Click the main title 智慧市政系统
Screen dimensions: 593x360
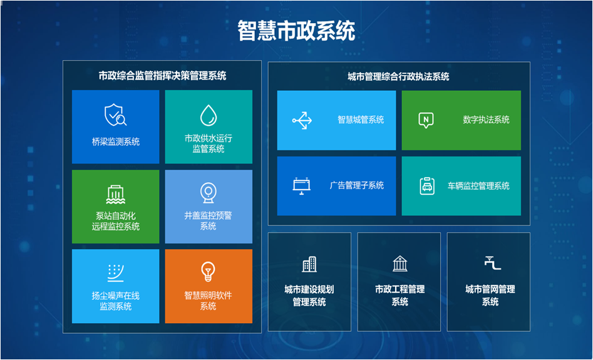pyautogui.click(x=296, y=31)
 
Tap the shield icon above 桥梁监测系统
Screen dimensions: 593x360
pyautogui.click(x=115, y=115)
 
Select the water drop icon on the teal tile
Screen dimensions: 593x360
pyautogui.click(x=209, y=115)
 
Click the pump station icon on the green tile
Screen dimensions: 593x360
pyautogui.click(x=115, y=195)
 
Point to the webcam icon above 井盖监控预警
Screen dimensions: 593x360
pyautogui.click(x=208, y=193)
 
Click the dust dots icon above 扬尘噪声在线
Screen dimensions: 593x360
pyautogui.click(x=115, y=272)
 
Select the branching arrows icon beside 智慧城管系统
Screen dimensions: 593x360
pyautogui.click(x=302, y=120)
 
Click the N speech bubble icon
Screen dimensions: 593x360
pyautogui.click(x=426, y=120)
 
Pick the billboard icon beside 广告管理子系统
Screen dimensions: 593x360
pyautogui.click(x=301, y=186)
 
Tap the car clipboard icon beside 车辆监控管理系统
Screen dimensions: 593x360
pyautogui.click(x=427, y=186)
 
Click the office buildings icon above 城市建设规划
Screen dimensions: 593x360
pyautogui.click(x=309, y=264)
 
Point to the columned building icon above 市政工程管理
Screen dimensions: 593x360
pyautogui.click(x=400, y=264)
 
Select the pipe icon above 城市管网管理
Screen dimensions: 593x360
pyautogui.click(x=492, y=263)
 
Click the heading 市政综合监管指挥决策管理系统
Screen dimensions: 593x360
pyautogui.click(x=162, y=76)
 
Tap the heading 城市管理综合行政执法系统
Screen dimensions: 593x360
pyautogui.click(x=398, y=77)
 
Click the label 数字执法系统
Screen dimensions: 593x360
pyautogui.click(x=486, y=120)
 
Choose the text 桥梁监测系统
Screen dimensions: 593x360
pyautogui.click(x=116, y=141)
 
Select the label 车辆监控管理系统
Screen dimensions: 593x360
pyautogui.click(x=478, y=186)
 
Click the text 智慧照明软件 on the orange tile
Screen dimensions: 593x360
pyautogui.click(x=208, y=296)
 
